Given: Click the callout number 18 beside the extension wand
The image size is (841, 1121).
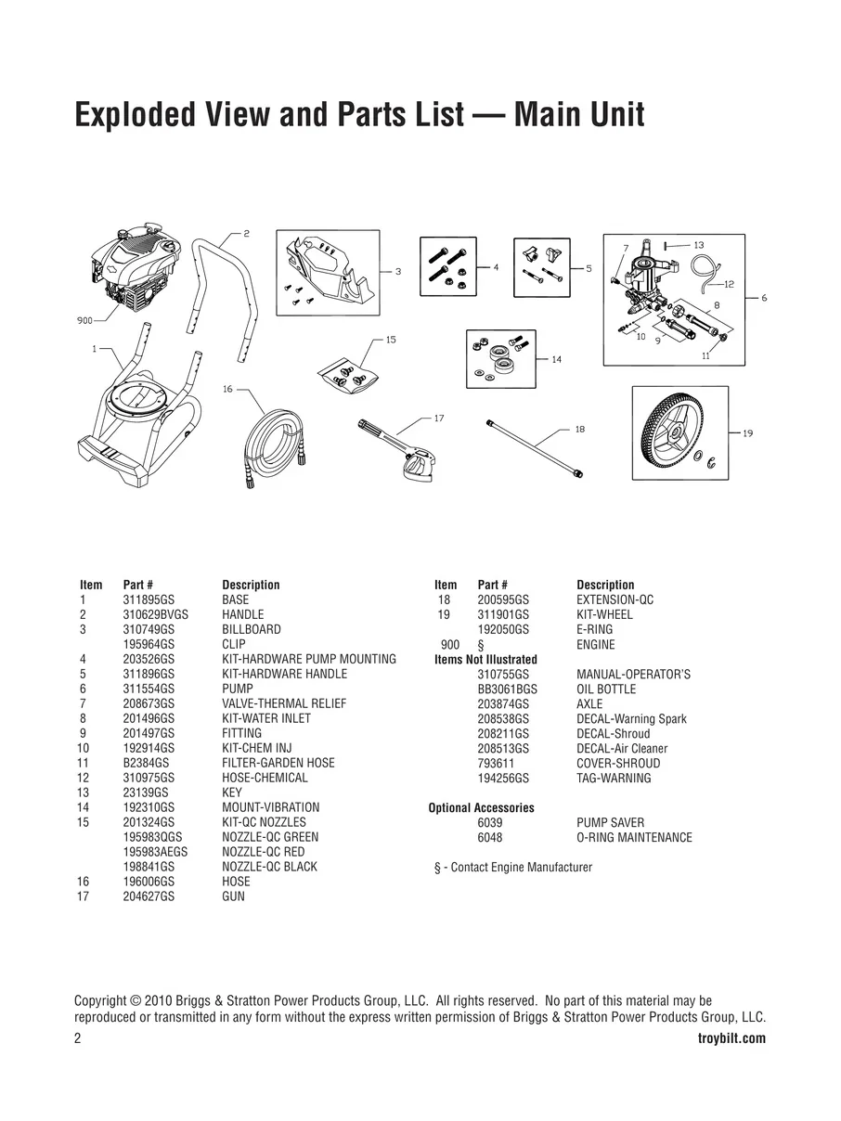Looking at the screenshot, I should point(580,429).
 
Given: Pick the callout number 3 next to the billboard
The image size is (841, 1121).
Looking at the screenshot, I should point(397,272).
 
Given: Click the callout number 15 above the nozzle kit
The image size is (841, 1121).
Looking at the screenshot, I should point(391,340).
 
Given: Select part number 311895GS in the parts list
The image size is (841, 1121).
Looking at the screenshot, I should point(149,600).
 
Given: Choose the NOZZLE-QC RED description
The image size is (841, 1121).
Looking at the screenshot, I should point(263,852).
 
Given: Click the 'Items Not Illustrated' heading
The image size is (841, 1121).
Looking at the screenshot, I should point(485,660).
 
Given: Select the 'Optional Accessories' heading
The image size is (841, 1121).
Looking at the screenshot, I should point(481,808).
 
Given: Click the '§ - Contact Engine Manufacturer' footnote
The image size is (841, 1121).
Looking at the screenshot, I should point(513,868).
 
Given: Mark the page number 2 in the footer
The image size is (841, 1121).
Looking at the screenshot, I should point(78,1038).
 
